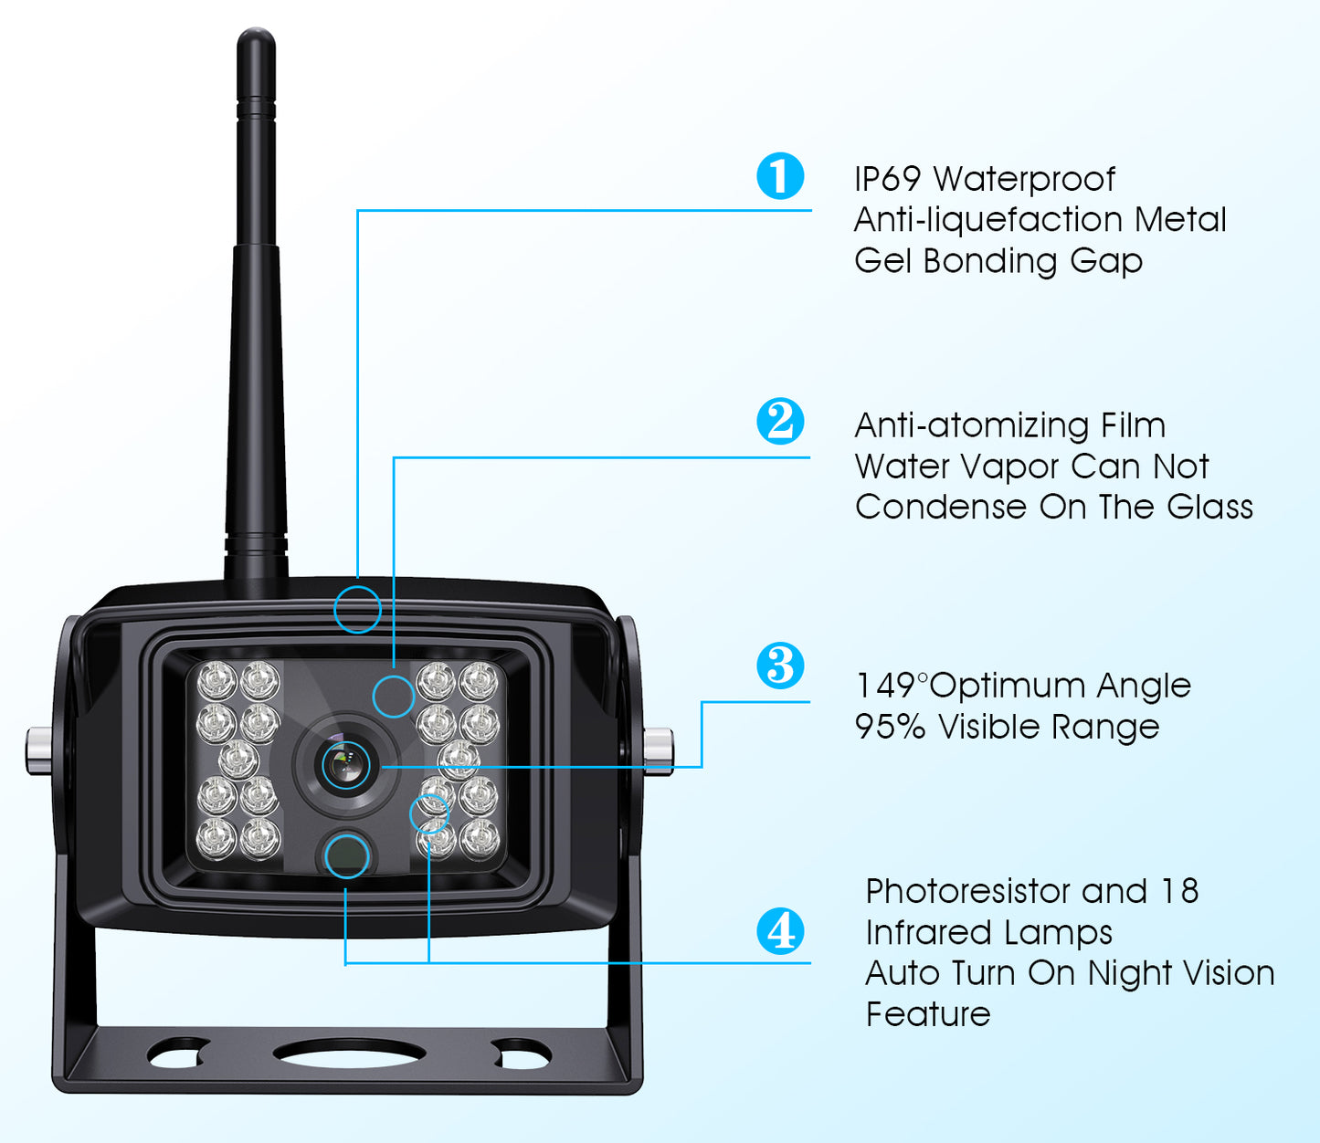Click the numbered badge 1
[x=780, y=176]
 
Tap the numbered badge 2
[x=780, y=421]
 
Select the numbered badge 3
[x=780, y=666]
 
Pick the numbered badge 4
[x=780, y=931]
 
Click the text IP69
[x=887, y=179]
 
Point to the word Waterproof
[x=1024, y=180]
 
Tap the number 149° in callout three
[x=891, y=686]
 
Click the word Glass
[x=1209, y=507]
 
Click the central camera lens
[x=346, y=765]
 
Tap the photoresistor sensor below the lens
[x=347, y=855]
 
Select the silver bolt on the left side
[x=38, y=749]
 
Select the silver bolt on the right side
[x=659, y=747]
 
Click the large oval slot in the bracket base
[x=350, y=1053]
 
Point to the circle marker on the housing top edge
[x=357, y=609]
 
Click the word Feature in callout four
[x=928, y=1014]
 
